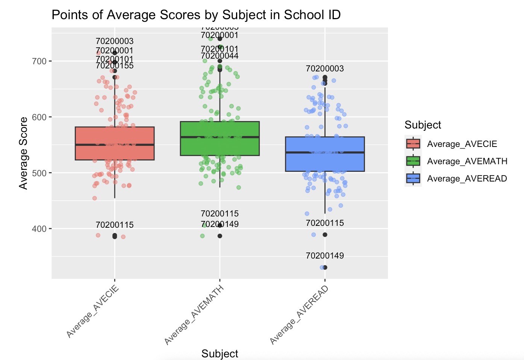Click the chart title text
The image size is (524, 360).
click(196, 15)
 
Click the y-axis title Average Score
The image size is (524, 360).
click(24, 153)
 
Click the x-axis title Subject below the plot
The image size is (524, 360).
click(220, 354)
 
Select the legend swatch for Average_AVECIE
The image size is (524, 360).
click(413, 144)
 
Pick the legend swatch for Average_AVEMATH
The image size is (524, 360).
click(413, 161)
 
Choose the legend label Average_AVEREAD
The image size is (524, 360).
click(467, 178)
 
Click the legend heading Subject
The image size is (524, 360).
click(423, 125)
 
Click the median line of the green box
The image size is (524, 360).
click(220, 137)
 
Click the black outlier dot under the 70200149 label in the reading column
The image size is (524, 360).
click(325, 268)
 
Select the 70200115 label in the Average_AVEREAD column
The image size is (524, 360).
click(325, 223)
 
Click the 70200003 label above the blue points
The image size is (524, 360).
click(325, 68)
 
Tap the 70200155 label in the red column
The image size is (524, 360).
click(115, 66)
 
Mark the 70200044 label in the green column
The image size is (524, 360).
click(220, 56)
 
